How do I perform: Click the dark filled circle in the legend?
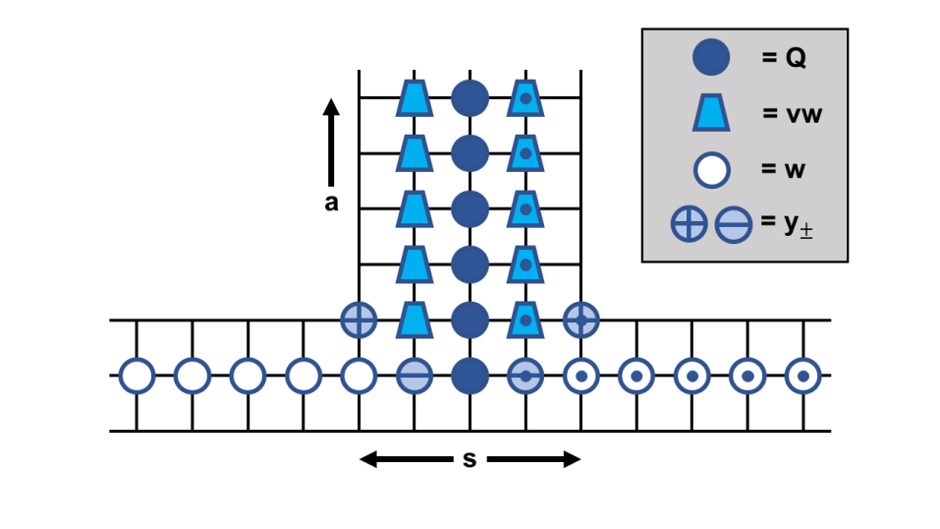pos(710,58)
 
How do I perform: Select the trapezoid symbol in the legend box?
pos(711,114)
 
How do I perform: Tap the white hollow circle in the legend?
pos(711,169)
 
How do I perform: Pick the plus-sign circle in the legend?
pos(689,224)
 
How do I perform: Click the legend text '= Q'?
pos(784,58)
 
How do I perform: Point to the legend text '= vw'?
pos(791,114)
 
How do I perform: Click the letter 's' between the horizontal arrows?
pos(470,458)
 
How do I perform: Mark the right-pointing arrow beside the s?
pos(534,459)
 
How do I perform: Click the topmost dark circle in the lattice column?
pos(470,98)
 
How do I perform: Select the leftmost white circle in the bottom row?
pos(137,376)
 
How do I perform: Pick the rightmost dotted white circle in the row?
pos(803,376)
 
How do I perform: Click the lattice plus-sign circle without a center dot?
pos(359,320)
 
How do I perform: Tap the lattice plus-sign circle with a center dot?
pos(581,320)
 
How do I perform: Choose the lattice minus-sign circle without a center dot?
pos(415,376)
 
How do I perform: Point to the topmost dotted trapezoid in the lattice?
pos(525,98)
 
